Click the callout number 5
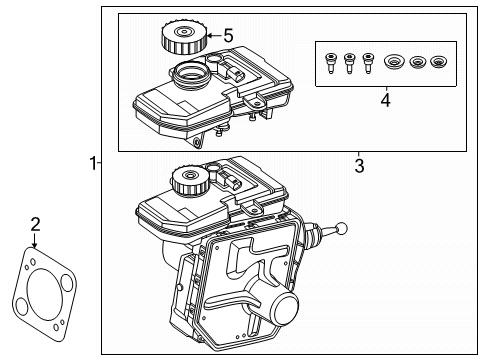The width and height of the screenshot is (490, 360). [228, 36]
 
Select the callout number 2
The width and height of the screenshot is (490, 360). [34, 224]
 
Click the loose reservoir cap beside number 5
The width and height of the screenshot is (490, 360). [181, 41]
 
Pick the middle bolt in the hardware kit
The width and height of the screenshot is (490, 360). [349, 64]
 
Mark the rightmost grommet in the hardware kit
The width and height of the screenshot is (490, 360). [437, 65]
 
